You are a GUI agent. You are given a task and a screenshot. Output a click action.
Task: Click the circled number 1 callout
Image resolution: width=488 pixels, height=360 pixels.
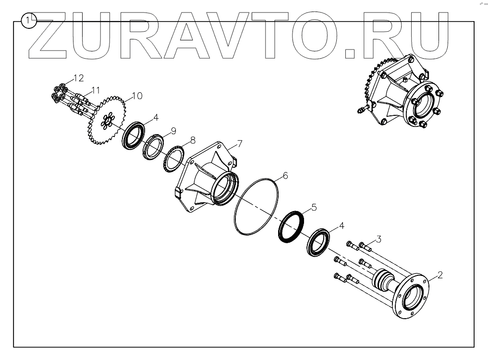pyautogui.click(x=30, y=21)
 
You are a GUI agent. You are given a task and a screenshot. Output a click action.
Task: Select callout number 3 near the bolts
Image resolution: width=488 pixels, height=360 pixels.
pyautogui.click(x=378, y=238)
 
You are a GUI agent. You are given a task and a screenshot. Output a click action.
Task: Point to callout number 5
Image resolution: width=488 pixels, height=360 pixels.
pyautogui.click(x=314, y=207)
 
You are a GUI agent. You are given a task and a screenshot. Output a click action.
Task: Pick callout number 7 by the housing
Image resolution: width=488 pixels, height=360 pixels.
pyautogui.click(x=240, y=144)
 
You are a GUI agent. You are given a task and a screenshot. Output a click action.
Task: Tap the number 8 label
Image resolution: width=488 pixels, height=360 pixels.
pyautogui.click(x=193, y=140)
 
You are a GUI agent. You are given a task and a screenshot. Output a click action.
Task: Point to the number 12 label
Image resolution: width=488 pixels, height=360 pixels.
pyautogui.click(x=95, y=89)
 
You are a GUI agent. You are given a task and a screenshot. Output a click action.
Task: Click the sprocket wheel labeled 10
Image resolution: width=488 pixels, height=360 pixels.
pyautogui.click(x=78, y=78)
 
